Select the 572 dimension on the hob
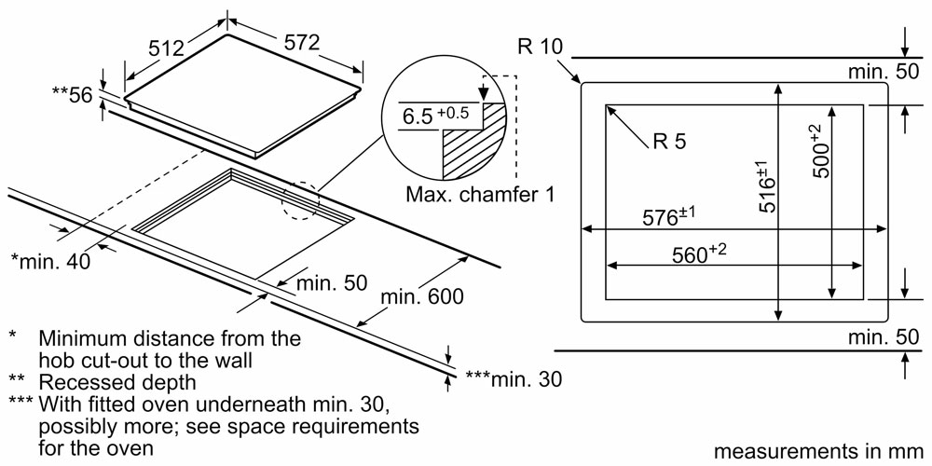301,42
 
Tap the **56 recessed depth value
73,94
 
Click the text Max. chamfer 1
481,195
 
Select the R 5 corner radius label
669,141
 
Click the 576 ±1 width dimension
668,216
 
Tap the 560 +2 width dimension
699,254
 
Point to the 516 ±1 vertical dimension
765,186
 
